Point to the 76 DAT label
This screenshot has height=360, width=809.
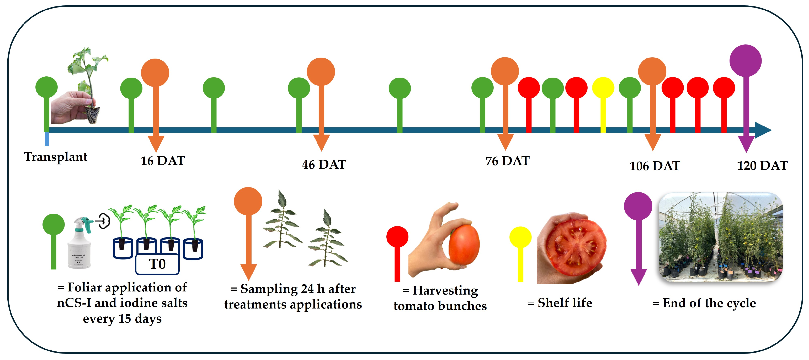click(x=507, y=161)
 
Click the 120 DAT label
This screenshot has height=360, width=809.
click(x=762, y=165)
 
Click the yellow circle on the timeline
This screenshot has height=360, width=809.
click(x=603, y=88)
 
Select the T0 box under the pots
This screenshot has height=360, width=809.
click(x=157, y=264)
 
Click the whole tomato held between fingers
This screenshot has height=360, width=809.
click(x=464, y=245)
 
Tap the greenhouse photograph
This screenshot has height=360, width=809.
click(x=720, y=237)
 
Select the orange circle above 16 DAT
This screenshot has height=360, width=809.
click(x=155, y=72)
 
